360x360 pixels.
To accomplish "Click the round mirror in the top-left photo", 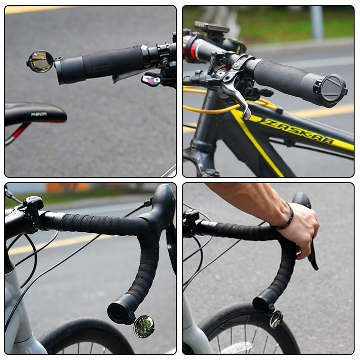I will click(40, 62).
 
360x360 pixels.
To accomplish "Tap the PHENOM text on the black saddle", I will click(39, 114).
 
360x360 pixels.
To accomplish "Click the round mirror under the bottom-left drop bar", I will click(144, 326).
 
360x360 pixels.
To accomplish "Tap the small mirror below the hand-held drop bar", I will click(276, 319).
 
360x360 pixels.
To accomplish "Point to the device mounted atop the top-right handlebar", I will click(211, 28).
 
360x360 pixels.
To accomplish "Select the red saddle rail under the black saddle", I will click(20, 131).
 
